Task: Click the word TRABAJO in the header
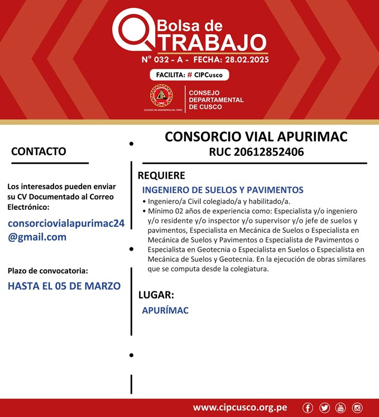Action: (210, 42)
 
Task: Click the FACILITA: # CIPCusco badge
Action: (189, 75)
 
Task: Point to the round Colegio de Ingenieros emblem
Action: (161, 97)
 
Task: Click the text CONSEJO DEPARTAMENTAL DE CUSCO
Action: (216, 100)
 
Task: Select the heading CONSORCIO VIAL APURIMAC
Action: (256, 137)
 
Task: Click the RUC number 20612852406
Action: (256, 152)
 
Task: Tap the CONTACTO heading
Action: (39, 151)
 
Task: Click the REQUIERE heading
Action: (161, 175)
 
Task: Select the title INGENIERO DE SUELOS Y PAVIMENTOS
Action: (223, 190)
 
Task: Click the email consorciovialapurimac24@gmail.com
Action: (66, 230)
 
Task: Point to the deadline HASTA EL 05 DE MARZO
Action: (64, 286)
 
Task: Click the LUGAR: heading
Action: (156, 295)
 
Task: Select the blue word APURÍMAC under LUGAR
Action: (165, 310)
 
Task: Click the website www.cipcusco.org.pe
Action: (240, 408)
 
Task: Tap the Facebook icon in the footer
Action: (308, 408)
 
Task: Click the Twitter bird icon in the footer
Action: (324, 408)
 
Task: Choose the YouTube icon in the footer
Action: (340, 408)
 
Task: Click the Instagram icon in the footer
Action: (357, 408)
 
